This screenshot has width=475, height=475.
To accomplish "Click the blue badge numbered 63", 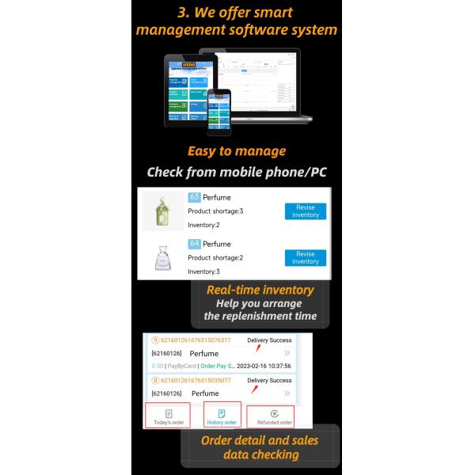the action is (x=194, y=198).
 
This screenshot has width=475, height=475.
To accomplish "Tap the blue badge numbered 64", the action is (x=194, y=244).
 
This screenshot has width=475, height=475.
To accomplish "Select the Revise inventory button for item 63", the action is (x=305, y=211).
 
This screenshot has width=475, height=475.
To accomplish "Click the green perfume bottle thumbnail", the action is (x=162, y=211).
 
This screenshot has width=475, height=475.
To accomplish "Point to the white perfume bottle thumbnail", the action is (x=162, y=257).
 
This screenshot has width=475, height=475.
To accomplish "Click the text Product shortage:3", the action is (x=215, y=211).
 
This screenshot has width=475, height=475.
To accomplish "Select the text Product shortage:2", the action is (x=215, y=257).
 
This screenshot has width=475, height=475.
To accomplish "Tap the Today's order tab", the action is (x=168, y=416).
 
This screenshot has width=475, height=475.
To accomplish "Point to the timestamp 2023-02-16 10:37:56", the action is (x=264, y=367).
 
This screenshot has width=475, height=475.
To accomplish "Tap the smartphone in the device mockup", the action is (x=218, y=111).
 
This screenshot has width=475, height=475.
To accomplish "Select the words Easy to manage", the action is (x=237, y=151).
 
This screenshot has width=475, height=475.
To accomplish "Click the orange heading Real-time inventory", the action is (x=260, y=291).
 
